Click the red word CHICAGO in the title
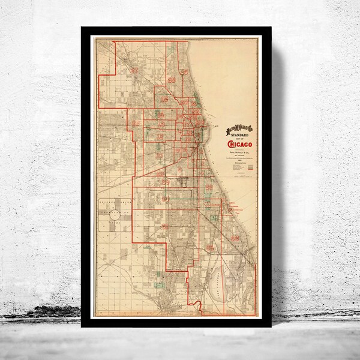240,144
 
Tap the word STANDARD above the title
239,135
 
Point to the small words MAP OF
239,139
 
